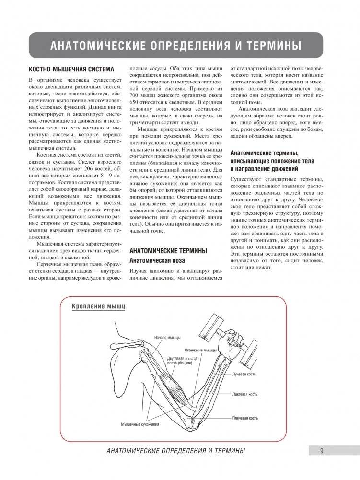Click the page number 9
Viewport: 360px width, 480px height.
coord(321,450)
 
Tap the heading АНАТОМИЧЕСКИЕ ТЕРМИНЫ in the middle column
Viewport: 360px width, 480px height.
coord(168,250)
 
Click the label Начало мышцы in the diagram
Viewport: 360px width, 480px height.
coord(166,338)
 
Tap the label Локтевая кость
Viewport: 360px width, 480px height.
coord(245,394)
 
